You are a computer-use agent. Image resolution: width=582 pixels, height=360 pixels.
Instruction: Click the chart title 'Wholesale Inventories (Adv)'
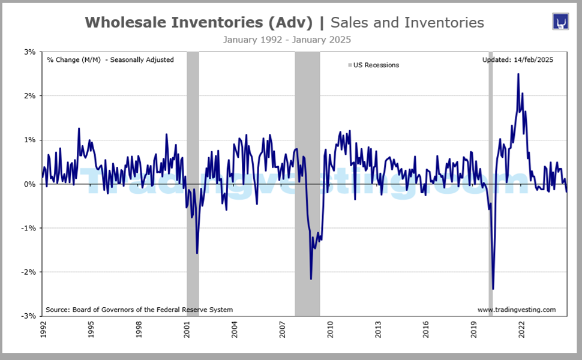(x=199, y=23)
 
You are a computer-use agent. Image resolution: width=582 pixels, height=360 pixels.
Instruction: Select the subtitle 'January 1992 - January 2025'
(x=286, y=40)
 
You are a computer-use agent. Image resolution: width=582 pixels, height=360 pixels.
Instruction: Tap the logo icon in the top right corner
(x=560, y=22)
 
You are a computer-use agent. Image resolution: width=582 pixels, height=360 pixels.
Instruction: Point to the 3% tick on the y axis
(x=30, y=52)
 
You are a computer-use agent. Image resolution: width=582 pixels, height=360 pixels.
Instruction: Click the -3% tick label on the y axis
(x=29, y=316)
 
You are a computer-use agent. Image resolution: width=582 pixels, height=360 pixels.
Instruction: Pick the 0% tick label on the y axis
(x=30, y=184)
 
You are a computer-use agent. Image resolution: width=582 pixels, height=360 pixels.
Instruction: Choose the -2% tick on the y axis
(x=29, y=272)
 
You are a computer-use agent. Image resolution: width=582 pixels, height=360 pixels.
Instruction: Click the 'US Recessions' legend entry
(x=373, y=65)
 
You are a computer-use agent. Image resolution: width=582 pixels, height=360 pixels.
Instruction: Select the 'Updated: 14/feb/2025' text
(x=517, y=59)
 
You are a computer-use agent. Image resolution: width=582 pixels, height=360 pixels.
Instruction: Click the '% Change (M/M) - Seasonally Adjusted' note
(x=110, y=59)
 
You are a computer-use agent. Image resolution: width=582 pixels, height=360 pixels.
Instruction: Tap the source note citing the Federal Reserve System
(x=139, y=310)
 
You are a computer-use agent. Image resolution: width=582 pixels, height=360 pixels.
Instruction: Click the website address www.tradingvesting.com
(x=516, y=310)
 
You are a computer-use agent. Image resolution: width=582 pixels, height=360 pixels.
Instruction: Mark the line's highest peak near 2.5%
(x=518, y=74)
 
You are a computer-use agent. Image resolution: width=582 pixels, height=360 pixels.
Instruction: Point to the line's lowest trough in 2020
(x=493, y=289)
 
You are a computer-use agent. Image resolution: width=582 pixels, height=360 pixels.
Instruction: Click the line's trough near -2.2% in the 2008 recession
(x=311, y=278)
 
